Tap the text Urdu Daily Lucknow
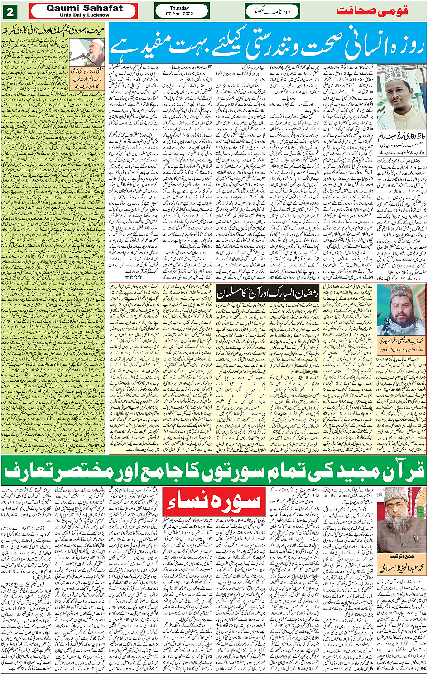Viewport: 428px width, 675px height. pyautogui.click(x=85, y=15)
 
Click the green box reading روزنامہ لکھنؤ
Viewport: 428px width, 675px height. pyautogui.click(x=272, y=11)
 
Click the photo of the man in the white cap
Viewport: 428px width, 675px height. pyautogui.click(x=401, y=97)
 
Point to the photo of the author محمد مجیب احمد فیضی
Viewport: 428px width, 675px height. pyautogui.click(x=402, y=309)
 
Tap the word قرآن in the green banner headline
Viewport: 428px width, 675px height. pyautogui.click(x=401, y=472)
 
